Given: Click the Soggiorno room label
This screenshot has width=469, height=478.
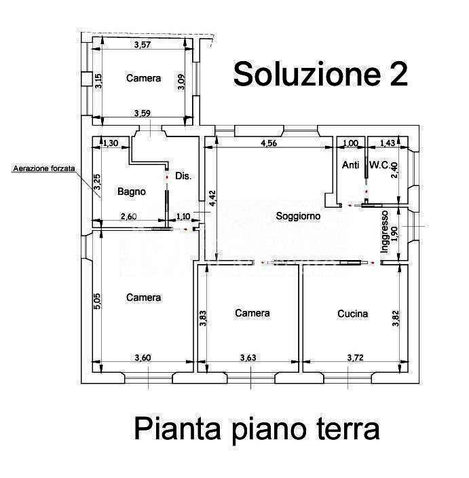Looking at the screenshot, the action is pyautogui.click(x=298, y=216).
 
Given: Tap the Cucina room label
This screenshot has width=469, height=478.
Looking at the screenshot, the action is pyautogui.click(x=352, y=314).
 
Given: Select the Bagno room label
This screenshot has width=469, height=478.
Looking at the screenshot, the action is pyautogui.click(x=132, y=191).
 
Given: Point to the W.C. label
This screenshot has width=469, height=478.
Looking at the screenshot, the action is pyautogui.click(x=379, y=165).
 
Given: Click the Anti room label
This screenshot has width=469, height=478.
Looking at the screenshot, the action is pyautogui.click(x=350, y=165).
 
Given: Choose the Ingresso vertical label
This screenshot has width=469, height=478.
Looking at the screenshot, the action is pyautogui.click(x=385, y=232).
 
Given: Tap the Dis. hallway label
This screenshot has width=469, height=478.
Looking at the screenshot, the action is pyautogui.click(x=183, y=176).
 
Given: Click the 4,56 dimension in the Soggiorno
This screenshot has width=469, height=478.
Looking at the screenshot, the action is pyautogui.click(x=269, y=143).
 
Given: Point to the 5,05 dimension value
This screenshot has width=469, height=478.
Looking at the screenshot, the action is pyautogui.click(x=97, y=301).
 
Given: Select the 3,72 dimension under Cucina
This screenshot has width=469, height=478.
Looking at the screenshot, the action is pyautogui.click(x=356, y=357).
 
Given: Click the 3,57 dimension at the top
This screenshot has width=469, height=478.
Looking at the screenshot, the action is pyautogui.click(x=143, y=45).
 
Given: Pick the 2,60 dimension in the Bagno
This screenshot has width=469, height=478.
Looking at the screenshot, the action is pyautogui.click(x=128, y=217).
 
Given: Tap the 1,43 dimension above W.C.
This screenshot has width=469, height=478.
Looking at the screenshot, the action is pyautogui.click(x=388, y=143).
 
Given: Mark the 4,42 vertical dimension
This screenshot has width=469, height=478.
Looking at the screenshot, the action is pyautogui.click(x=212, y=198).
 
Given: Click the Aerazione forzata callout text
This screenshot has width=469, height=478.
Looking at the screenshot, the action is pyautogui.click(x=44, y=168).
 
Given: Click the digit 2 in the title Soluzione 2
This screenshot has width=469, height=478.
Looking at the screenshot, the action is pyautogui.click(x=398, y=73).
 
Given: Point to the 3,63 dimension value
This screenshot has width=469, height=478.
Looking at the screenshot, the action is pyautogui.click(x=248, y=357).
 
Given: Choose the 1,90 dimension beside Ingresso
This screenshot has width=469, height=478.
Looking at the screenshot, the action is pyautogui.click(x=394, y=233).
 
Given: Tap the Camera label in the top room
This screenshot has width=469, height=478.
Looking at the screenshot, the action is pyautogui.click(x=143, y=78).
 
